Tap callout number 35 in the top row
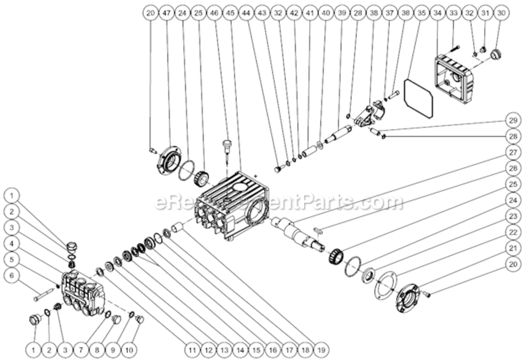tap(422, 13)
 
